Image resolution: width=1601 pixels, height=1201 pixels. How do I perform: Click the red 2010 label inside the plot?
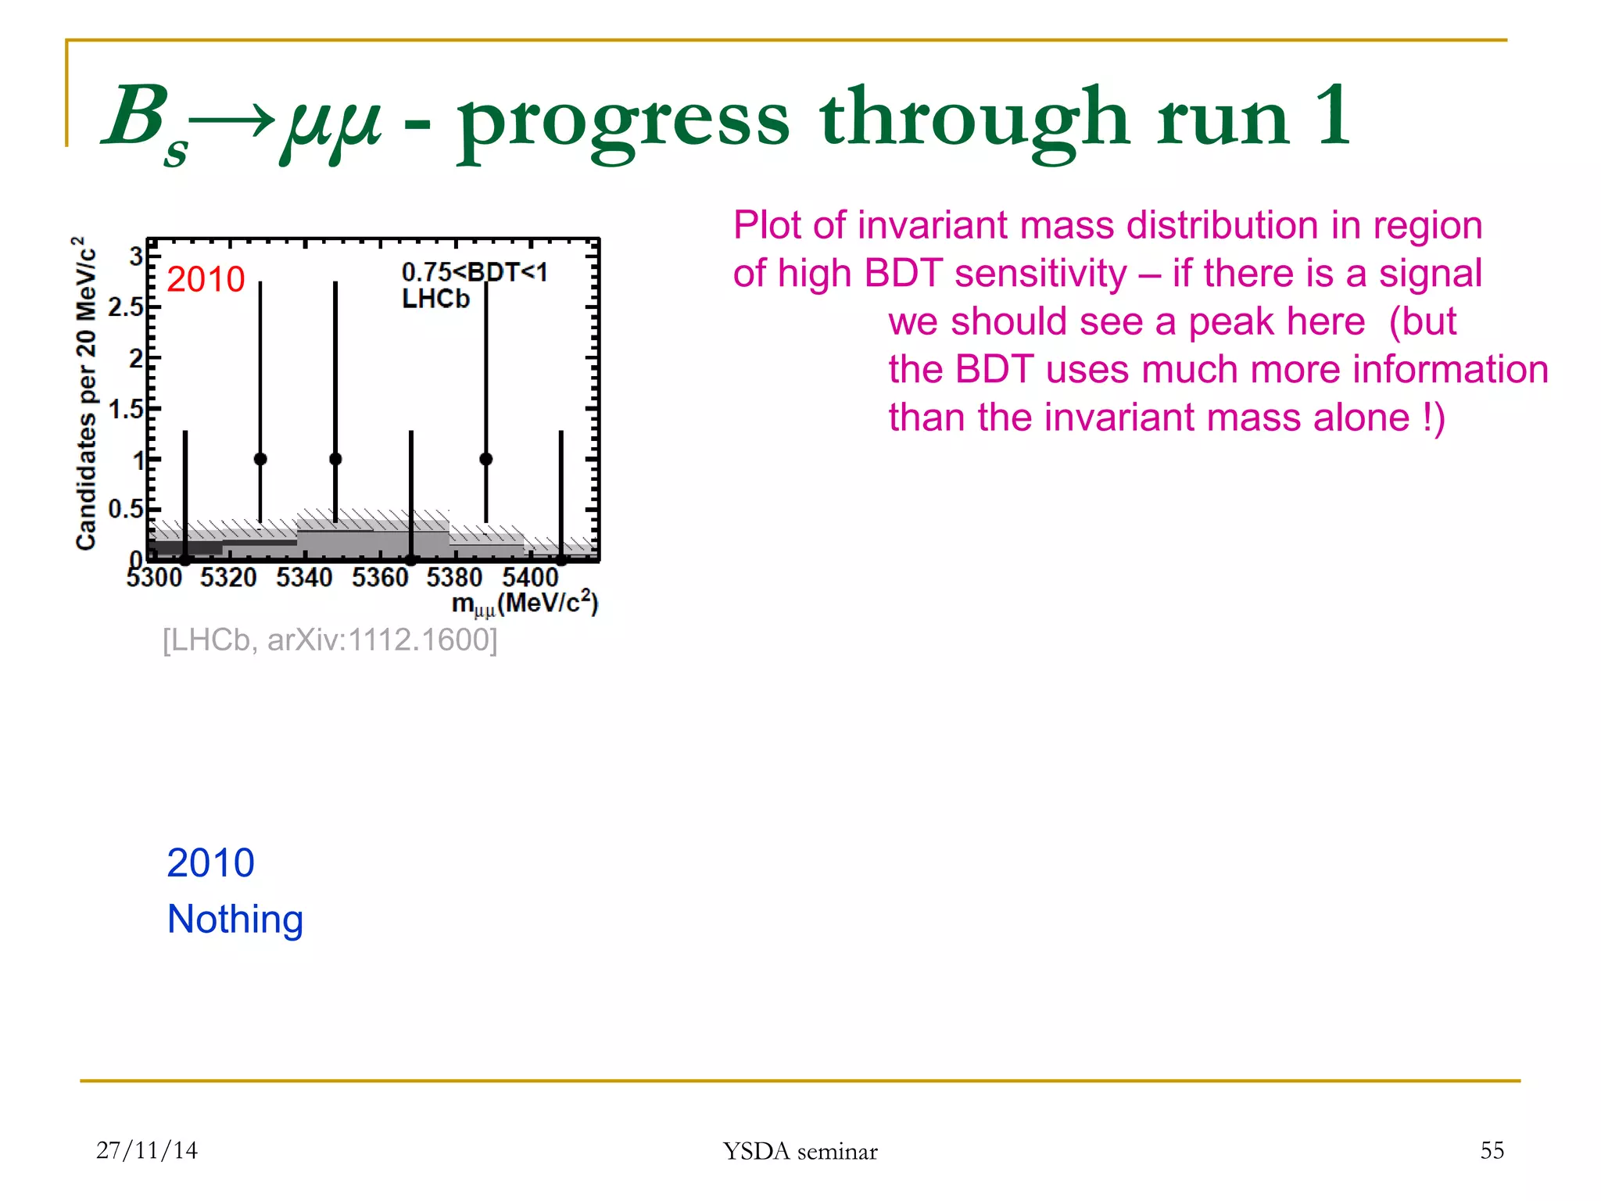click(x=206, y=279)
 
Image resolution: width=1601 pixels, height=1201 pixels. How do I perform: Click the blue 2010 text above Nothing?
click(x=210, y=863)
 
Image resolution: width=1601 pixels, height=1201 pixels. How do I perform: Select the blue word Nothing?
click(x=235, y=920)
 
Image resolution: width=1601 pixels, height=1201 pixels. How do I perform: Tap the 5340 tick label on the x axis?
click(x=304, y=578)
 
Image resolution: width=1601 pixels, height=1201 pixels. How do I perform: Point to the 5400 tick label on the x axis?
click(x=530, y=578)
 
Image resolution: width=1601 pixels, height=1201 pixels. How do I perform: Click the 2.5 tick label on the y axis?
click(x=125, y=307)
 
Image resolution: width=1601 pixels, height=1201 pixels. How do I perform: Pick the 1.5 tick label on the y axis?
click(x=125, y=409)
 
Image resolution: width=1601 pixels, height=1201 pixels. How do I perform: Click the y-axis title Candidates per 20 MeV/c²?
click(x=86, y=393)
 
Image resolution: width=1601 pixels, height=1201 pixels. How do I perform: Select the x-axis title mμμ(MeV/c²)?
click(x=525, y=604)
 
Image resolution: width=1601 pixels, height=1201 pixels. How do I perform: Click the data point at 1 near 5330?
click(x=260, y=459)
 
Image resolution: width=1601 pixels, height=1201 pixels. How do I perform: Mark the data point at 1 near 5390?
click(x=486, y=459)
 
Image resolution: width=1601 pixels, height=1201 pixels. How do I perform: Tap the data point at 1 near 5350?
click(x=335, y=459)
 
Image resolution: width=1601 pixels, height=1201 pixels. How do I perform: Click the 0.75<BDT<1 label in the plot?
click(x=474, y=272)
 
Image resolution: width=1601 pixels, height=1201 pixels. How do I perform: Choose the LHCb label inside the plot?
click(x=435, y=299)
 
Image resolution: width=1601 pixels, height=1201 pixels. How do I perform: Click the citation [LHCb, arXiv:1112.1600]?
click(x=329, y=640)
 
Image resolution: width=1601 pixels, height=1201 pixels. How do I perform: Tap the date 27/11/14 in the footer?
click(x=146, y=1150)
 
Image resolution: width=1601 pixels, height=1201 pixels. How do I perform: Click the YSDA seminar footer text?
click(x=800, y=1151)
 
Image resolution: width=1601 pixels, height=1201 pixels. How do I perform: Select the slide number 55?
click(x=1492, y=1150)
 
